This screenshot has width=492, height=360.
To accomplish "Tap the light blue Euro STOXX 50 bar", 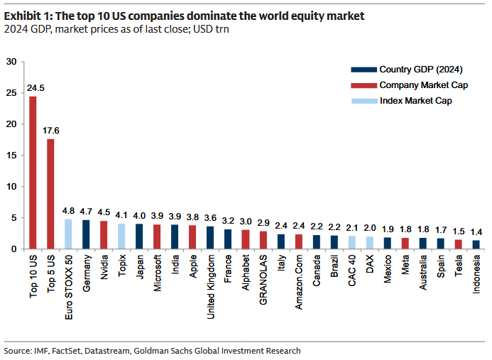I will coord(68,234).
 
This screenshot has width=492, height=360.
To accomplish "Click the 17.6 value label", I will coord(50,131).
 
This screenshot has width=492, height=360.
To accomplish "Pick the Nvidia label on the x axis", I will coord(104,264).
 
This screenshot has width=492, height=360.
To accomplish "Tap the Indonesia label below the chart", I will coord(476,271).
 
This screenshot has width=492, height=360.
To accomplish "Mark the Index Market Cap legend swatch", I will coord(363,101).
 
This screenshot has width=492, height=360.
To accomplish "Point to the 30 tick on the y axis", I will coord(11,62).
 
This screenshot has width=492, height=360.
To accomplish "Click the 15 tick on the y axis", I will coord(11,156).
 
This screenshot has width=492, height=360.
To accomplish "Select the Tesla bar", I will coord(459,244).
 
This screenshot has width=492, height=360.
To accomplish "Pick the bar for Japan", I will coord(139,236).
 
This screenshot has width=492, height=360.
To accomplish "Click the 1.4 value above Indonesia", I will coord(476,232).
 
